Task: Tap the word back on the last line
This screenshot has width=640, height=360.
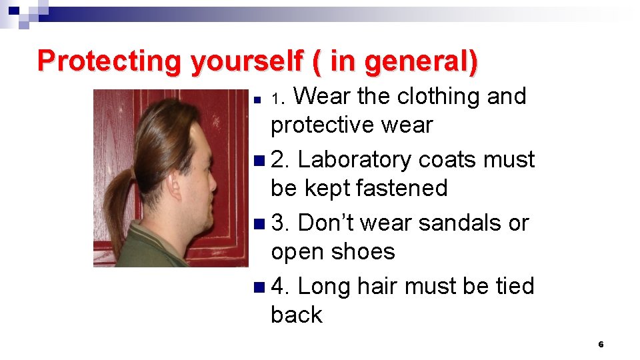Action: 296,315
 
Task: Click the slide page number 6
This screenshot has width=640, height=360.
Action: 601,345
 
